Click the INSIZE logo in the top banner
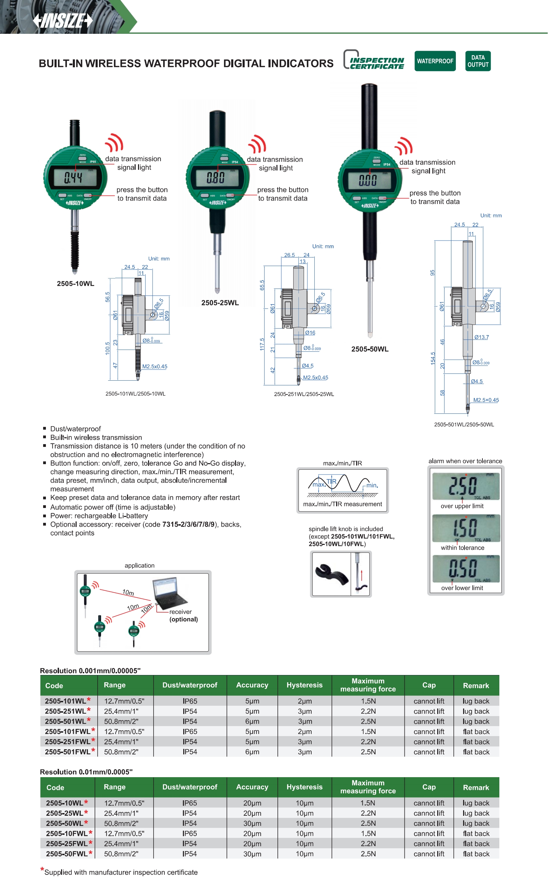tap(63, 21)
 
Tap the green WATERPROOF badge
tap(434, 61)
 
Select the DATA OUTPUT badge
tap(478, 61)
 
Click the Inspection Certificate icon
tap(374, 60)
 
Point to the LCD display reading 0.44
tap(75, 177)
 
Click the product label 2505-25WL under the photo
tap(220, 303)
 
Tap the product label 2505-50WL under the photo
tap(370, 349)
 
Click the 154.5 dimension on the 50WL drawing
tap(433, 358)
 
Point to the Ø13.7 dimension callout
tap(481, 337)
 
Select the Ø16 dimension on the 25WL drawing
tap(310, 333)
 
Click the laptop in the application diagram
tap(168, 594)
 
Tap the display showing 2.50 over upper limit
tap(466, 486)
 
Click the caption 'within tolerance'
tap(462, 548)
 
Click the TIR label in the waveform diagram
tap(331, 481)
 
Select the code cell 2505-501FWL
tap(68, 752)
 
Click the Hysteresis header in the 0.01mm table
tap(304, 787)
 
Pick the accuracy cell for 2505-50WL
tap(252, 823)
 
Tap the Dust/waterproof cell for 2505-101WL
tap(190, 701)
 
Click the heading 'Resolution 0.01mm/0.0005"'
tap(86, 772)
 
